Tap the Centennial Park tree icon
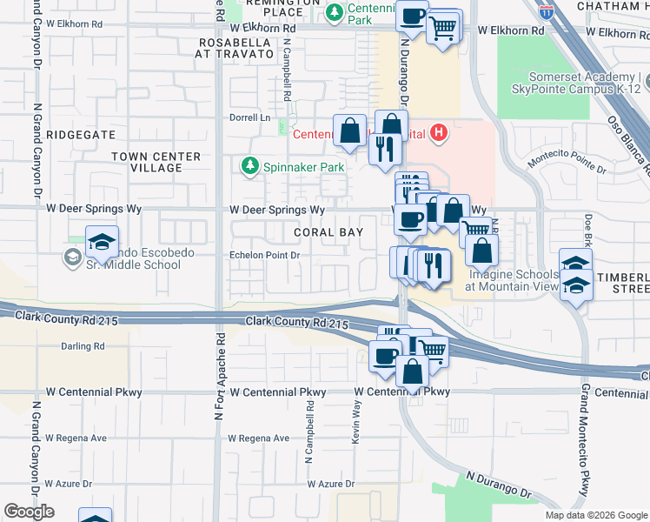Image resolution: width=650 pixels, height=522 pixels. point(334,14)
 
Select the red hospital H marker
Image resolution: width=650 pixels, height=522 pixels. point(439,133)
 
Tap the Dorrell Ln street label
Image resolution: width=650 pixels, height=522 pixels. point(250,117)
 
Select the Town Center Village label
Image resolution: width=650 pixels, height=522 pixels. point(156,162)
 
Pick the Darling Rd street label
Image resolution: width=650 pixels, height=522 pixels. point(83,346)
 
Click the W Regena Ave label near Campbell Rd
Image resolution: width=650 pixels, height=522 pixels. point(258,438)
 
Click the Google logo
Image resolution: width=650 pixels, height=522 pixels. point(29,512)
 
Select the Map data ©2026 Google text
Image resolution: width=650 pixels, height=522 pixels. point(595,515)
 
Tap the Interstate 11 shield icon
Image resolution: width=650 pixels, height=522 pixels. point(546,11)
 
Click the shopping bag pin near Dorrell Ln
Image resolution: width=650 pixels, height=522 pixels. point(349,132)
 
